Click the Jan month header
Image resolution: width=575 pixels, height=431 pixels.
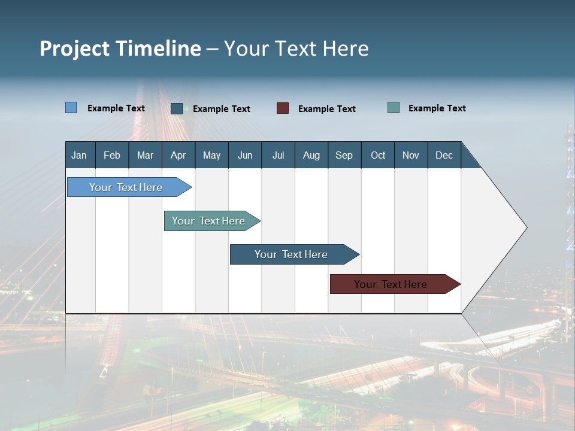point(79,155)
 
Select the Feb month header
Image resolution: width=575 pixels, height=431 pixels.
point(112,155)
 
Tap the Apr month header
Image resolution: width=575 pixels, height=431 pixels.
point(178,155)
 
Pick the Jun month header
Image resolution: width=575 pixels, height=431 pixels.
point(245,155)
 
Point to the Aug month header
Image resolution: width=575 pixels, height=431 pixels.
point(311,155)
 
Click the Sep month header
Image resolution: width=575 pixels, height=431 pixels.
point(344,155)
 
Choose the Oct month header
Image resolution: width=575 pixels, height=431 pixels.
point(378,155)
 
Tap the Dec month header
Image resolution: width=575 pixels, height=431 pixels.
point(444,155)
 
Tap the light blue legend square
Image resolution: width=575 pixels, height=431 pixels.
point(71,108)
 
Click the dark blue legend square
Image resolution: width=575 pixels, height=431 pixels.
point(177,108)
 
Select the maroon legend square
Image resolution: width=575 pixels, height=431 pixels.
point(283,108)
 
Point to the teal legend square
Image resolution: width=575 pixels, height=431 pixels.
point(394,108)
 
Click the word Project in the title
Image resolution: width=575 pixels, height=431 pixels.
point(74,48)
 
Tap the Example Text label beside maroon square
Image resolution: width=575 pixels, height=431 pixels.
point(327,108)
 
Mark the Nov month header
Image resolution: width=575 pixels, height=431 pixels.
point(411,155)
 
